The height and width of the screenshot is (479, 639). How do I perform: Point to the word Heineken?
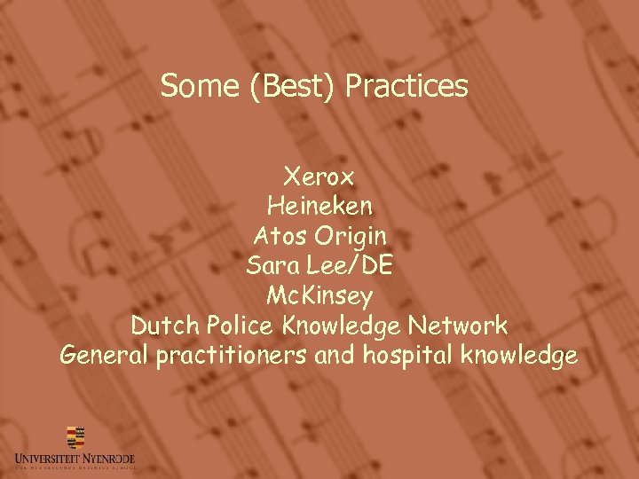pos(319,208)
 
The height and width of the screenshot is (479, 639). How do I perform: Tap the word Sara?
pos(272,266)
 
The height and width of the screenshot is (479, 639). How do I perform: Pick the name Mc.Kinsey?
pos(319,295)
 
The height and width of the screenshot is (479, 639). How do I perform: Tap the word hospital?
pos(407,356)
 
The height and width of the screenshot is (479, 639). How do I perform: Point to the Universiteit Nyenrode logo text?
pos(75,459)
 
